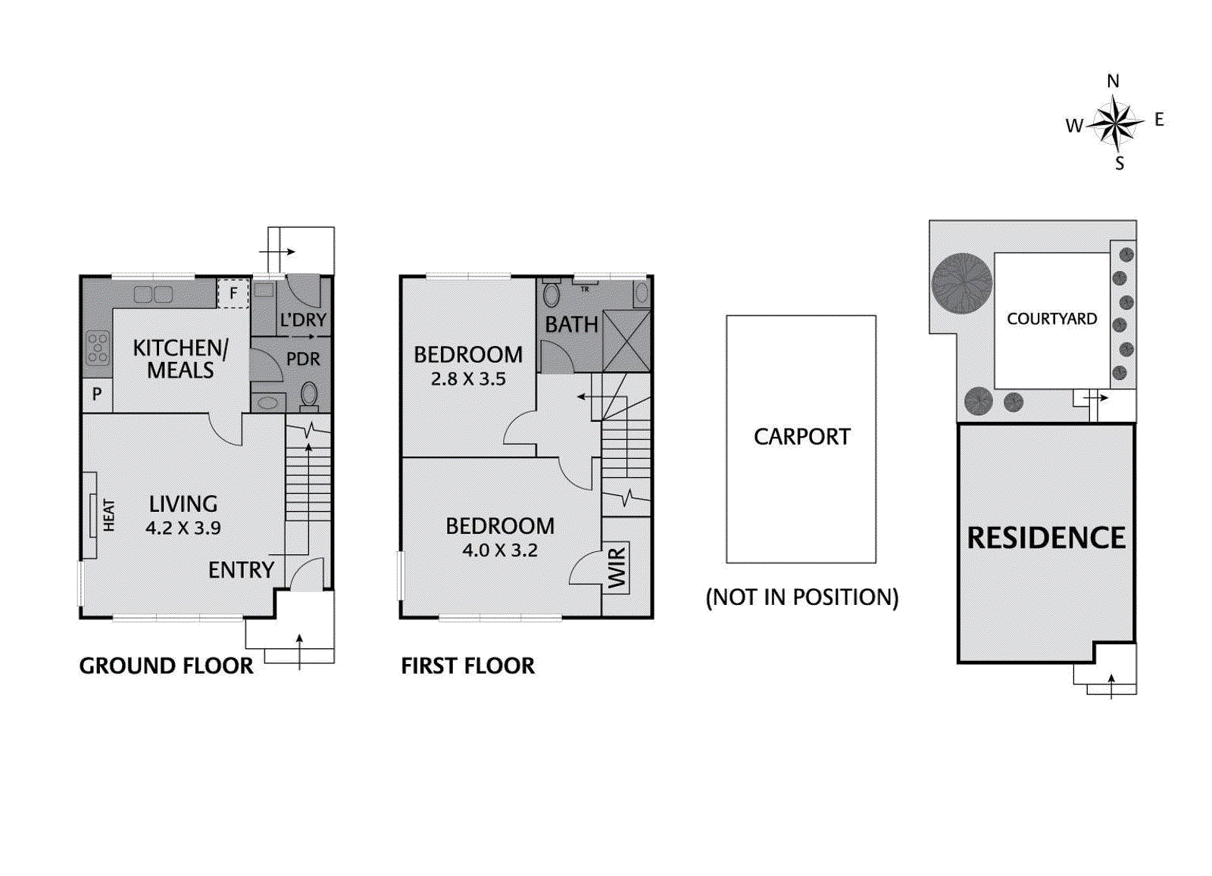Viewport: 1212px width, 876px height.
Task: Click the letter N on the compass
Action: click(x=1112, y=81)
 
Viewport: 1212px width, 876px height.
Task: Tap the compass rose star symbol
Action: click(x=1115, y=123)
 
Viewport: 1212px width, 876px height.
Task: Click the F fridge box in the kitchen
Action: click(x=233, y=293)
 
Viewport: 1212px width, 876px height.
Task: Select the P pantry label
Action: click(x=96, y=394)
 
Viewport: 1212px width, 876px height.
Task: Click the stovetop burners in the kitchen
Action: click(x=98, y=348)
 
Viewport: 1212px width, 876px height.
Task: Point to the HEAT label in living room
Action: click(x=109, y=515)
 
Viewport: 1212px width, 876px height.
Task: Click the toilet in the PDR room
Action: click(x=309, y=394)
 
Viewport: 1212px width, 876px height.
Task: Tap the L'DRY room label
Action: click(x=303, y=320)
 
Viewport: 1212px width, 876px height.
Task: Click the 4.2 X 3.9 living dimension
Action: click(x=183, y=528)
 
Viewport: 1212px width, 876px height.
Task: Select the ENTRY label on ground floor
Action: click(x=241, y=569)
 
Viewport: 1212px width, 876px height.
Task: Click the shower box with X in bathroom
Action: click(x=626, y=341)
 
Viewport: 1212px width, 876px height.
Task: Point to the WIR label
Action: click(x=617, y=568)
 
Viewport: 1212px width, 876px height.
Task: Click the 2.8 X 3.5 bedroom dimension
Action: click(x=468, y=379)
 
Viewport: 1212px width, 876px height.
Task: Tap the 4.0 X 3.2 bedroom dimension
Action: click(x=500, y=550)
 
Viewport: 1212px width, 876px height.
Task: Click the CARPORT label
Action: click(x=801, y=437)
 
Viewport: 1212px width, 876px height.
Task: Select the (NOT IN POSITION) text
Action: click(x=801, y=597)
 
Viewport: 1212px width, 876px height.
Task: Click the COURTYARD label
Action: click(x=1051, y=319)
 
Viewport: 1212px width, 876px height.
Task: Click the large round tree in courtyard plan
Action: click(x=961, y=283)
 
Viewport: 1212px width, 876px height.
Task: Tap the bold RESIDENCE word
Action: click(x=1046, y=538)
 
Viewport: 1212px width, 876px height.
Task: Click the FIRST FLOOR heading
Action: click(x=467, y=666)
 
